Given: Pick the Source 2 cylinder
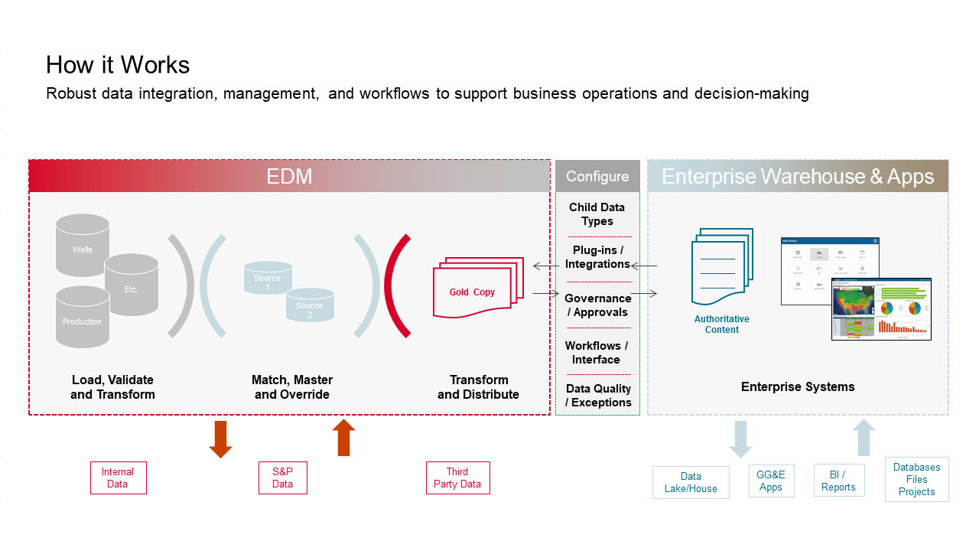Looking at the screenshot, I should click(310, 306).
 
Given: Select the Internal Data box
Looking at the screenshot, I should click(118, 478).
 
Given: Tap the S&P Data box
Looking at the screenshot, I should click(282, 478).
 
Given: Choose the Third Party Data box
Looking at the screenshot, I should click(457, 478).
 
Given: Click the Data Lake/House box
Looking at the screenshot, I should click(691, 483).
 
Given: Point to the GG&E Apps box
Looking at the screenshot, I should click(771, 481).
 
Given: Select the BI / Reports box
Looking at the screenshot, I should click(838, 481).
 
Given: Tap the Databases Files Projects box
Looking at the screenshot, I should click(917, 480).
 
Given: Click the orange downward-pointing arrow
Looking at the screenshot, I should click(220, 439).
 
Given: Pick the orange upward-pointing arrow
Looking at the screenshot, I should click(343, 437).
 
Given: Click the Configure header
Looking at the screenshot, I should click(597, 177).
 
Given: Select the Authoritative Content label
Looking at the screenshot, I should click(721, 324).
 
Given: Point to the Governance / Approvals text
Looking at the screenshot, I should click(597, 305).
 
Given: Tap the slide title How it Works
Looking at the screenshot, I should click(118, 65).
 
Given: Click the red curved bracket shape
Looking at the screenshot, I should click(395, 286).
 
